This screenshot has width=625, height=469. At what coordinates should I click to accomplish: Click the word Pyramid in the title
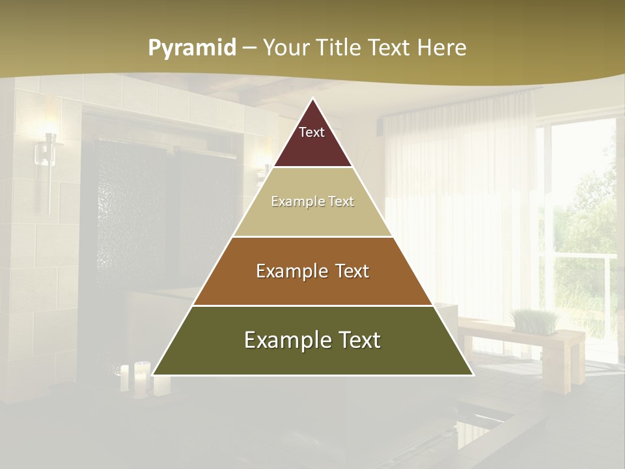click(191, 48)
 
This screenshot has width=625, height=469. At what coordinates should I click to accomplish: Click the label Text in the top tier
click(312, 132)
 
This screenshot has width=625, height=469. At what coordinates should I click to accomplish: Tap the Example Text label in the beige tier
click(312, 202)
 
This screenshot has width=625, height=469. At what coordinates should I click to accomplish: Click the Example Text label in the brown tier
click(312, 271)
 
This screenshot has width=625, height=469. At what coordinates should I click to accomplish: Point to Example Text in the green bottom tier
click(312, 340)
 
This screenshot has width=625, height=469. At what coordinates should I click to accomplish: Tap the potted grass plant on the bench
click(535, 321)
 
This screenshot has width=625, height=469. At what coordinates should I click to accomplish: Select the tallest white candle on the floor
click(141, 378)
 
